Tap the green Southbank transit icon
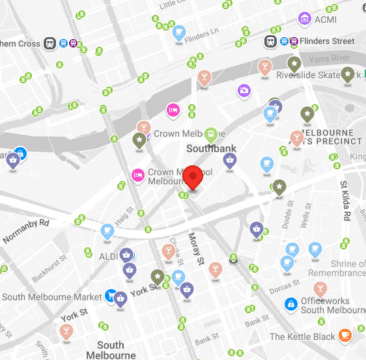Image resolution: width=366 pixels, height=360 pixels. (x=211, y=135)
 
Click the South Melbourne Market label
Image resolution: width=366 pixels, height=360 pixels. (x=52, y=297)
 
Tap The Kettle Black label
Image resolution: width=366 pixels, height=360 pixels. (x=303, y=337)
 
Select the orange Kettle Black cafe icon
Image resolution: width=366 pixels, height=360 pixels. (x=345, y=335)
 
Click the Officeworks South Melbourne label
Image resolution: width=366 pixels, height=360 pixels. (x=331, y=305)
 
